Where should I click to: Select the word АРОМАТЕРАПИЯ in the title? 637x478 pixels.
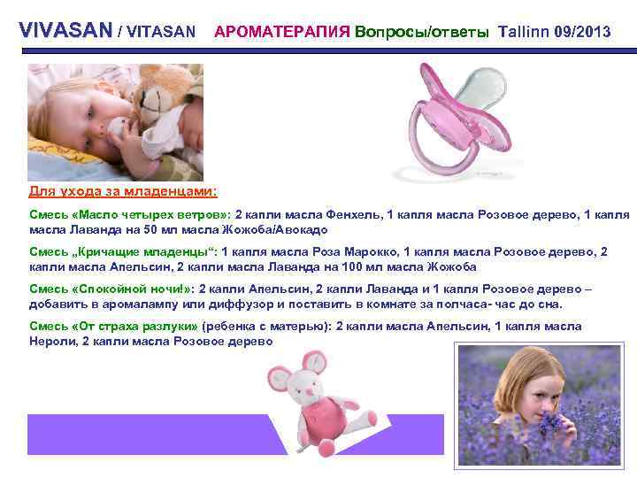tap(280, 32)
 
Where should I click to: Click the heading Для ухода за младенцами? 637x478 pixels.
tap(123, 191)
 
